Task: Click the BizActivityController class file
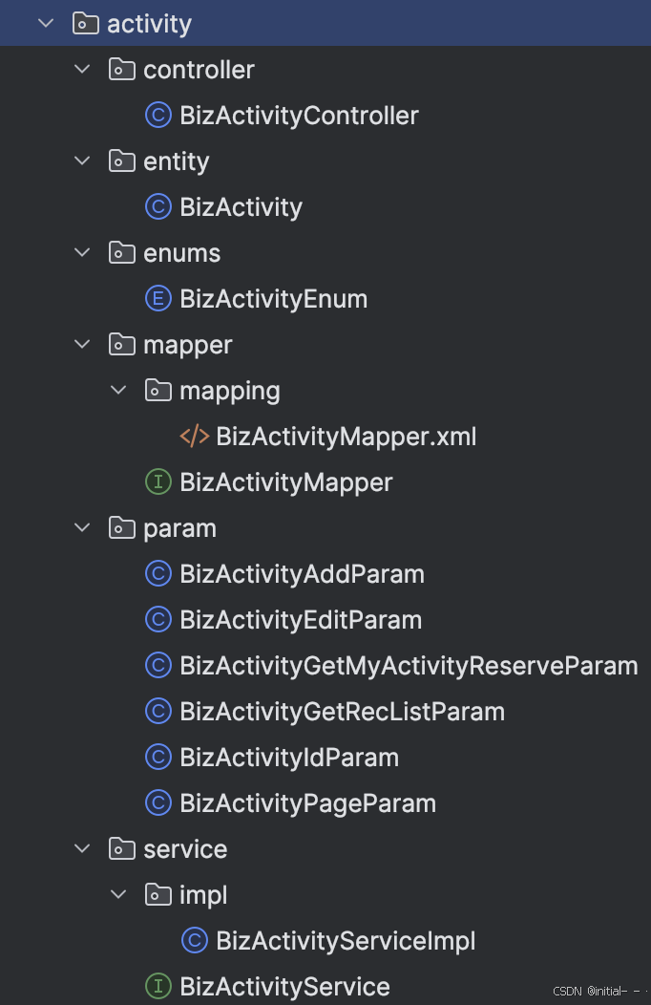[299, 116]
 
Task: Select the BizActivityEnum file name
[273, 299]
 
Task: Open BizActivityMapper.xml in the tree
[346, 437]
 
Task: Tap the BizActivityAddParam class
[302, 574]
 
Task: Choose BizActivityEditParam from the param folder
[301, 620]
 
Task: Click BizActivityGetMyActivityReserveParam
[409, 666]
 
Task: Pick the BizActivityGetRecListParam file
[342, 712]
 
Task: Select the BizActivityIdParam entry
[289, 758]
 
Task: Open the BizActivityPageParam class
[307, 803]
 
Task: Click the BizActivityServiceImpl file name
[346, 941]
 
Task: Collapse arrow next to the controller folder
[83, 70]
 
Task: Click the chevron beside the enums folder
[83, 253]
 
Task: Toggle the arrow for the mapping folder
[119, 391]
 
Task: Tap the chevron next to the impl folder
[119, 895]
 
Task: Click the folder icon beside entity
[121, 161]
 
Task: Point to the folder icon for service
[121, 849]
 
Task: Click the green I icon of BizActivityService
[157, 987]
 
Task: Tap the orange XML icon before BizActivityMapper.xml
[194, 437]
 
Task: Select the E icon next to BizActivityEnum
[157, 299]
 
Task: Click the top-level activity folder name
[149, 24]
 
